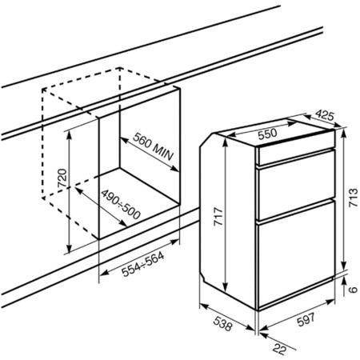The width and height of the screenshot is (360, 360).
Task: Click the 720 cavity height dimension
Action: pyautogui.click(x=62, y=178)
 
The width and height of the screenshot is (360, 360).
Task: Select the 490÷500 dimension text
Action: pyautogui.click(x=121, y=204)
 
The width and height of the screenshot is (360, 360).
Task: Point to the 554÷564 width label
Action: pyautogui.click(x=142, y=264)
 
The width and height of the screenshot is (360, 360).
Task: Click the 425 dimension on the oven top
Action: pyautogui.click(x=325, y=115)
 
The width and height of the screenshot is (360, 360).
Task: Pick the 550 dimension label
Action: pyautogui.click(x=267, y=134)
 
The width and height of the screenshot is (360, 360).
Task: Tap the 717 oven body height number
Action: pyautogui.click(x=218, y=217)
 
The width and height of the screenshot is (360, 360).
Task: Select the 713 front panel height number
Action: pyautogui.click(x=354, y=198)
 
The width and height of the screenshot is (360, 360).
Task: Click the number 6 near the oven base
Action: pyautogui.click(x=353, y=290)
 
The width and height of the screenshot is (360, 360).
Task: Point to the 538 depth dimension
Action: pyautogui.click(x=222, y=324)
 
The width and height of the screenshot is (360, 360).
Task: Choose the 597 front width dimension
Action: pyautogui.click(x=306, y=319)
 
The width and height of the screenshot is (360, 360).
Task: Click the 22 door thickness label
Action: pyautogui.click(x=279, y=349)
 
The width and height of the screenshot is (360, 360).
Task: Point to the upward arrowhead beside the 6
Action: pyautogui.click(x=344, y=280)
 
